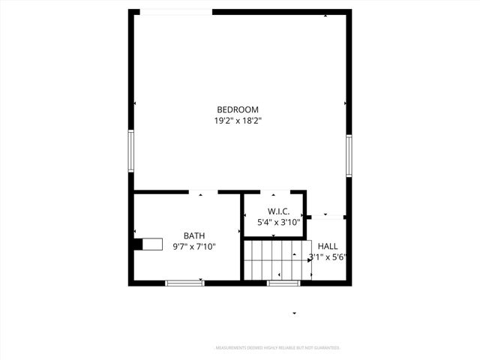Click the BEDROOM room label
[238, 109]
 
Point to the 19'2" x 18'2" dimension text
[238, 120]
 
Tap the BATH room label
[194, 235]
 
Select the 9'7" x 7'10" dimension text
[194, 246]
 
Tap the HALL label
[328, 246]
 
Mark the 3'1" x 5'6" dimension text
[327, 256]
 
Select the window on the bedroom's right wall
[349, 156]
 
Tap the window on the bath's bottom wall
[184, 283]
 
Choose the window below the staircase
[283, 283]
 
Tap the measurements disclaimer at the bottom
[278, 348]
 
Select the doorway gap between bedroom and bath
[202, 193]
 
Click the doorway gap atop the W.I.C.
[274, 193]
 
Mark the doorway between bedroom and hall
[327, 217]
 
